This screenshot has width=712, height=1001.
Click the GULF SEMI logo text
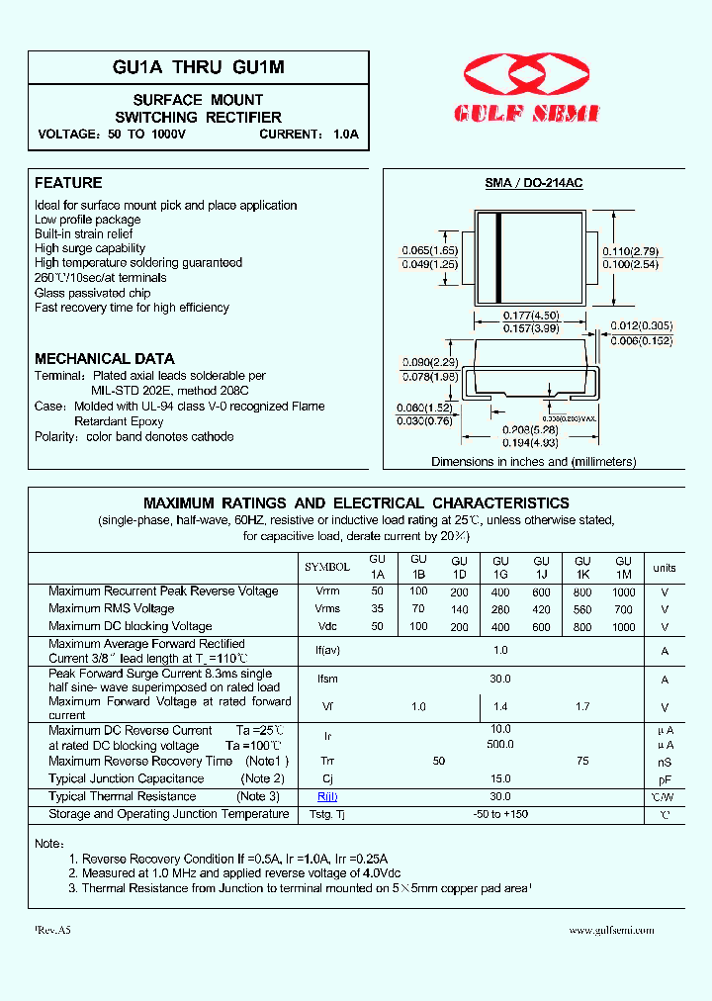click(x=527, y=115)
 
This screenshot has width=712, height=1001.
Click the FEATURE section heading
click(x=68, y=183)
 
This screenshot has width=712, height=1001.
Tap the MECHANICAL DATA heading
click(x=105, y=359)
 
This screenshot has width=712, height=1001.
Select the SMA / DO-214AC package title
click(x=533, y=184)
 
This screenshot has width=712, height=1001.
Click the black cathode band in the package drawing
click(x=499, y=258)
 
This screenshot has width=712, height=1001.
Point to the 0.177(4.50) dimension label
click(x=531, y=316)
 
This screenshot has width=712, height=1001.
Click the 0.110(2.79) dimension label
click(x=630, y=252)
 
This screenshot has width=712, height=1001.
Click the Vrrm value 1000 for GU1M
click(x=623, y=591)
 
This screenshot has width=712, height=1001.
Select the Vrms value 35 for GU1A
click(x=377, y=609)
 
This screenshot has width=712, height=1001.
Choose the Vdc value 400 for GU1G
click(x=500, y=627)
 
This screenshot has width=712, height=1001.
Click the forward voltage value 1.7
click(x=582, y=707)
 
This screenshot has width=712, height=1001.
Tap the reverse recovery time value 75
click(x=582, y=762)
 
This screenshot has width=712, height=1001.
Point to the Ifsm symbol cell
click(x=327, y=680)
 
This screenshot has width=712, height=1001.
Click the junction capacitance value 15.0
click(x=500, y=779)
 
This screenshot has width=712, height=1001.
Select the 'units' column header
click(x=665, y=568)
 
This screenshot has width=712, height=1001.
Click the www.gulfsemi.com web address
click(x=612, y=930)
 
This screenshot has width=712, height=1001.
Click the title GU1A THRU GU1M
click(x=199, y=67)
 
